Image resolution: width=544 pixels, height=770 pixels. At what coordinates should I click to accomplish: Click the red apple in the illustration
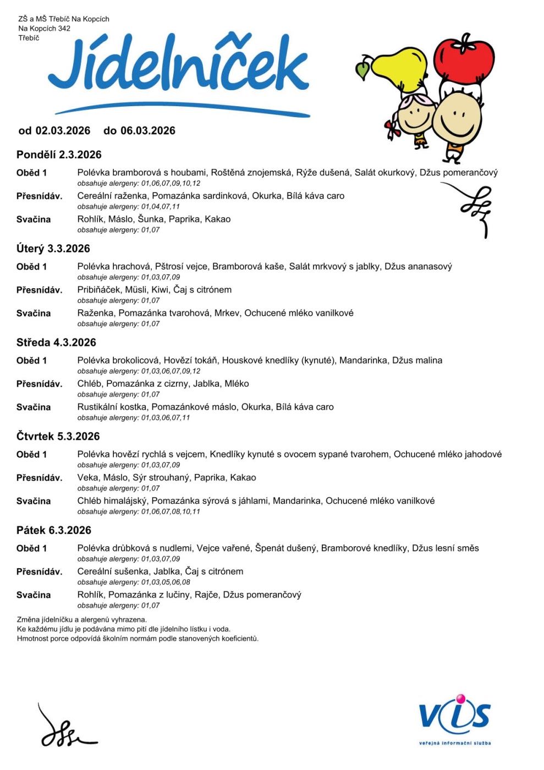click(x=464, y=59)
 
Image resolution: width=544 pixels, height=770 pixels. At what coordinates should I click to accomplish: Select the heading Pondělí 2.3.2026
click(x=59, y=155)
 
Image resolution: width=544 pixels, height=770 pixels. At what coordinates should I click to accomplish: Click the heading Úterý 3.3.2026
click(x=53, y=249)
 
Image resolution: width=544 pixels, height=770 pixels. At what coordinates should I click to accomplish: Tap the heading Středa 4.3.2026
click(x=56, y=343)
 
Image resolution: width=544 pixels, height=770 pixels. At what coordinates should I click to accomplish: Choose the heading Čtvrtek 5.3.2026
click(x=58, y=437)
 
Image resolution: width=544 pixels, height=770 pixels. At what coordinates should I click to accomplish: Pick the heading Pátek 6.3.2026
click(x=54, y=531)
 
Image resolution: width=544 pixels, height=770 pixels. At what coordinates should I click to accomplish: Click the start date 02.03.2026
click(x=63, y=131)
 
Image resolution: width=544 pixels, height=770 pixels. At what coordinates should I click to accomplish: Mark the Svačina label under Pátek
click(x=34, y=595)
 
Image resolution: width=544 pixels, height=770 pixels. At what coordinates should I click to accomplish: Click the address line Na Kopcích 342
click(x=45, y=29)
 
